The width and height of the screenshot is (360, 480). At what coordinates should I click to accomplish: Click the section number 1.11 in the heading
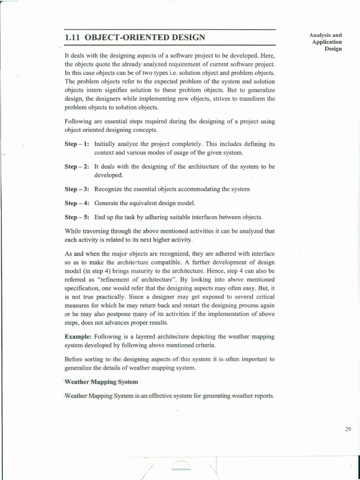[x=73, y=37]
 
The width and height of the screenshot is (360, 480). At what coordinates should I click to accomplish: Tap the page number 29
[x=348, y=429]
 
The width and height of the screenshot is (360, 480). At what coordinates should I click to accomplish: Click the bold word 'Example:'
[x=78, y=337]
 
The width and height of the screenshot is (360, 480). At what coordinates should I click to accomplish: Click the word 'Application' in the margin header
[x=327, y=42]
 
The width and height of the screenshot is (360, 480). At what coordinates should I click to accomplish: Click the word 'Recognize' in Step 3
[x=108, y=189]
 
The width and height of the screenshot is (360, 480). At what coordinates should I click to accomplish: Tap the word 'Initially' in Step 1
[x=106, y=144]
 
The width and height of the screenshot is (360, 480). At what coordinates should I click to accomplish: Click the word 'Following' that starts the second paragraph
[x=78, y=121]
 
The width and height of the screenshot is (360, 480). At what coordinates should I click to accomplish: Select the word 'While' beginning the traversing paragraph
[x=73, y=231]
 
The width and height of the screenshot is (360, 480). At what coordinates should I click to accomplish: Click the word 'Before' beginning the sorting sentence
[x=74, y=359]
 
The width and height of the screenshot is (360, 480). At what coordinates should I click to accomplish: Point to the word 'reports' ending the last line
[x=263, y=396]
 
